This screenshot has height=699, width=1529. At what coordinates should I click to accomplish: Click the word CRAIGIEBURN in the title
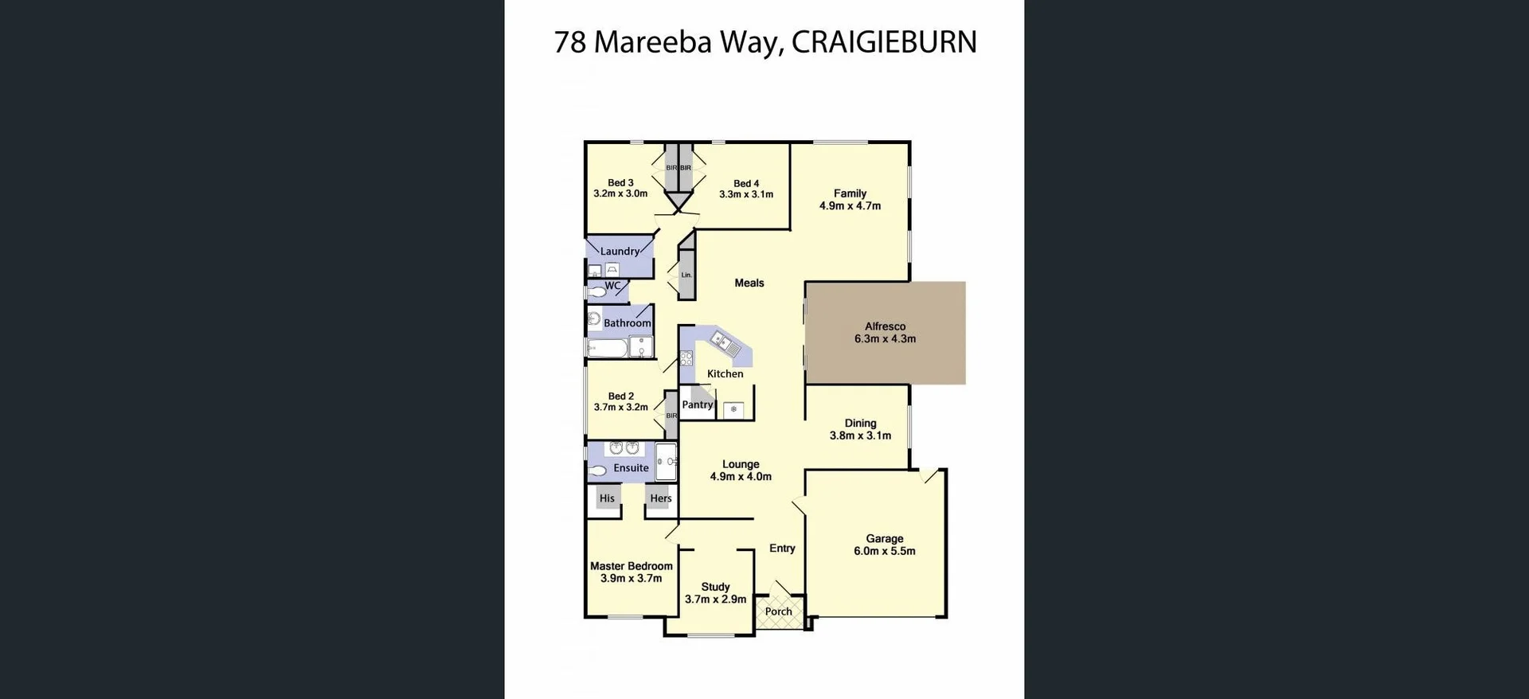(884, 42)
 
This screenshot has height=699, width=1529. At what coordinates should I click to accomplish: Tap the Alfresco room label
(885, 326)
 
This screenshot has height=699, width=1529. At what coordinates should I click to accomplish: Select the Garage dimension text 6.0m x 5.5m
(884, 551)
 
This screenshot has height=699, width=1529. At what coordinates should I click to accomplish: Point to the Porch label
(778, 611)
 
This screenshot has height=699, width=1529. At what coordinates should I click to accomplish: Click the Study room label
(715, 587)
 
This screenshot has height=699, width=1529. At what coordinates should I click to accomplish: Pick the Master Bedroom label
(631, 566)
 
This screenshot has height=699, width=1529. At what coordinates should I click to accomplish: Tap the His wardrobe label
(607, 498)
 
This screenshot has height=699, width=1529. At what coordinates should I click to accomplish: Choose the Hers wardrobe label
(660, 498)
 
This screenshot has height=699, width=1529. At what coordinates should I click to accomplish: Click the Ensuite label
(631, 468)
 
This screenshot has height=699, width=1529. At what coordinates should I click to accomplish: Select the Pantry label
(697, 404)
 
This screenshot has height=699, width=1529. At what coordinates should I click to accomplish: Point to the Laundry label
(620, 252)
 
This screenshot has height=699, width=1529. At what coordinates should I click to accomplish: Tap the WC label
(612, 286)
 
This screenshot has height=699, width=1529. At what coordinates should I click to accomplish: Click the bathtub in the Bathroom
(608, 348)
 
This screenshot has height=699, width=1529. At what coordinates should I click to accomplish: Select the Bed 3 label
(620, 183)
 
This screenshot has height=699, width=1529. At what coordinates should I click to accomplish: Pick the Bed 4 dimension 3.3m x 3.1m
(745, 194)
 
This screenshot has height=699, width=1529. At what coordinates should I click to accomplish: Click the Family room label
(850, 193)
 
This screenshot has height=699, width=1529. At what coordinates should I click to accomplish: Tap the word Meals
(749, 283)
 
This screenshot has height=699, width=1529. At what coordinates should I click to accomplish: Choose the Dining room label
(860, 424)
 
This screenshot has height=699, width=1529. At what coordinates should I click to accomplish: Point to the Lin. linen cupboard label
(686, 275)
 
